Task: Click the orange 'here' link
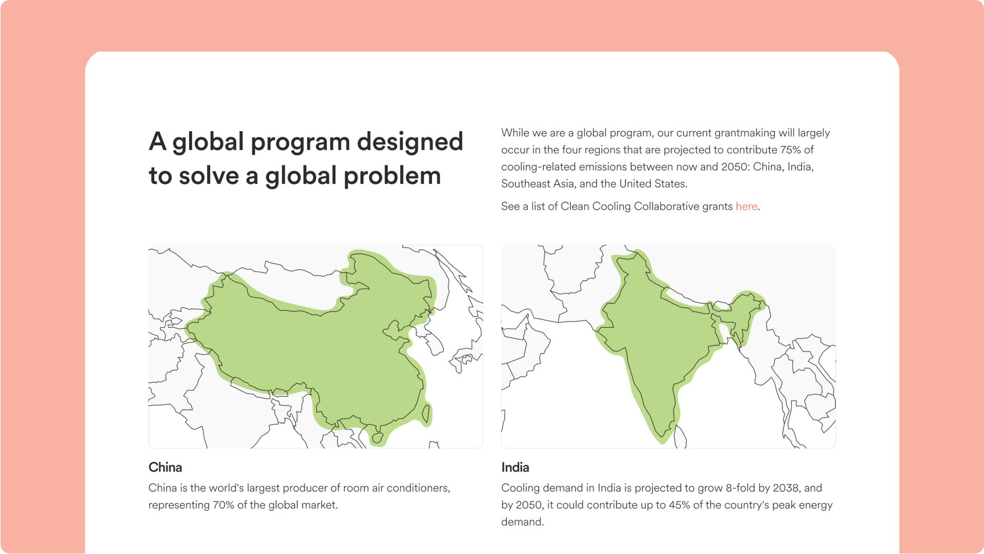[x=746, y=206]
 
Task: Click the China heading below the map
[x=165, y=467]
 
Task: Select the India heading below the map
[x=515, y=467]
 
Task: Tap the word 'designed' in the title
[x=409, y=142]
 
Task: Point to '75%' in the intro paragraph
[x=791, y=150]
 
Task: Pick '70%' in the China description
[x=223, y=505]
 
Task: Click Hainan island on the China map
[x=378, y=438]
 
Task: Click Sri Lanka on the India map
[x=681, y=438]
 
